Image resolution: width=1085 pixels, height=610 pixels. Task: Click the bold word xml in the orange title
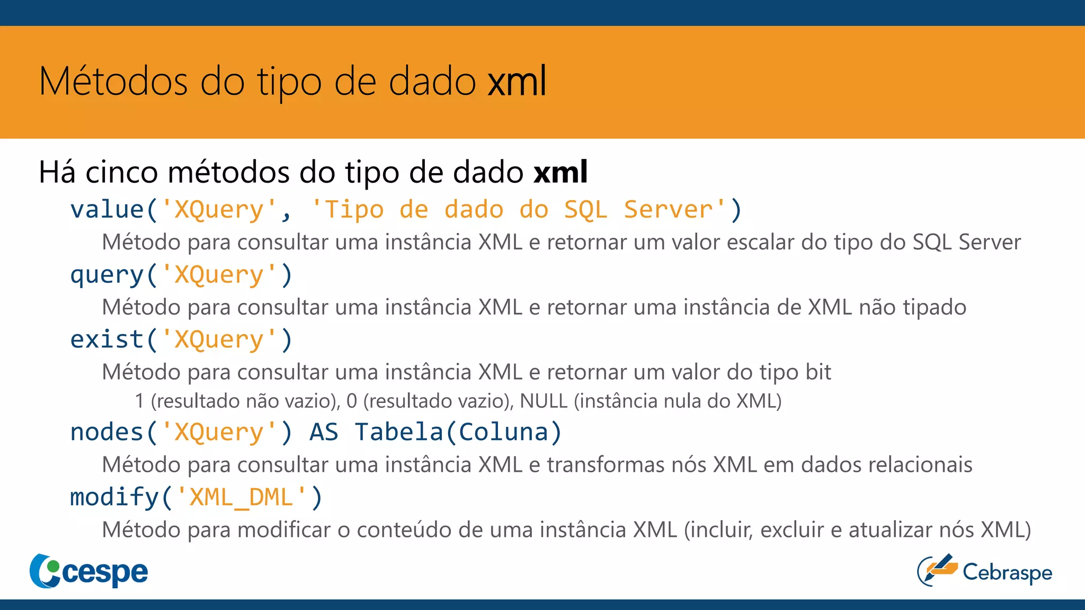point(517,82)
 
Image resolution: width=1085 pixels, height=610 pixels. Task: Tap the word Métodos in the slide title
point(113,82)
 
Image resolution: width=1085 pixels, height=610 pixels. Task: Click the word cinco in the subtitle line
point(121,173)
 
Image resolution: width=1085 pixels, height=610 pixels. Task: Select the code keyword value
point(107,210)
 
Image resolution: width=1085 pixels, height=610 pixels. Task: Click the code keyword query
point(107,275)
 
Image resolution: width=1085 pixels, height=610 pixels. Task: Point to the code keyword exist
point(107,340)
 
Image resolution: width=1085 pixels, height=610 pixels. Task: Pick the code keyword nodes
point(107,433)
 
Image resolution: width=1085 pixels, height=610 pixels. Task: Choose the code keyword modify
point(114,498)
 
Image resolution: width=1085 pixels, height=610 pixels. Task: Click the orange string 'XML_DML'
point(242,498)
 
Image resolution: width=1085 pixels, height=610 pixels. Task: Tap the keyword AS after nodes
point(324,433)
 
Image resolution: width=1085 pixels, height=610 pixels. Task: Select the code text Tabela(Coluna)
point(458,433)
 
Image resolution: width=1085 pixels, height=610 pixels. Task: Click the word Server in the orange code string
point(668,210)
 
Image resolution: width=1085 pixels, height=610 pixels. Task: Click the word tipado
point(935,308)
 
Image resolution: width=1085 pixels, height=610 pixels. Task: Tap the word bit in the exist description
point(819,372)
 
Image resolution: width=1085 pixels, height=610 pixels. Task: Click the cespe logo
point(89,571)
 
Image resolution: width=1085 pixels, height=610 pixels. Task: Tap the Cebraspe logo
point(985,571)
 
